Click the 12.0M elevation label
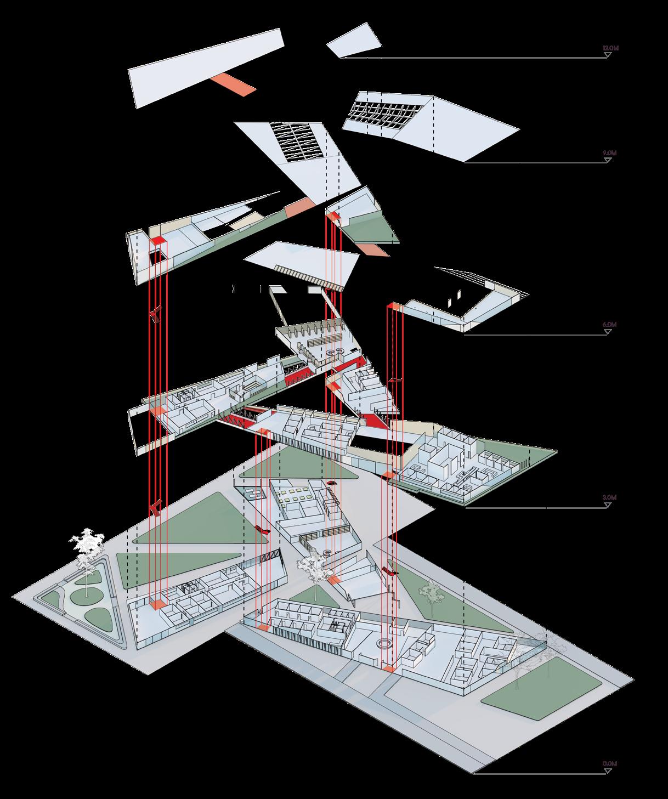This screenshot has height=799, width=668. coord(610,48)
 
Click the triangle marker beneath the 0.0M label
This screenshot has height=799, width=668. coord(608,772)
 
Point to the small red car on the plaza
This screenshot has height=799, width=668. coord(332,483)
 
